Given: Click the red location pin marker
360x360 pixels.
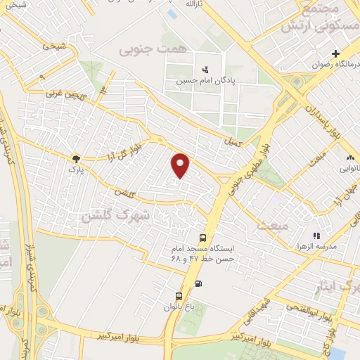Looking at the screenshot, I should tap(181, 165).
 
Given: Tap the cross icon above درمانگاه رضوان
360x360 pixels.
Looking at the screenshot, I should tap(336, 53).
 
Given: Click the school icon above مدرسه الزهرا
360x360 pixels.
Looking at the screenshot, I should tap(316, 236).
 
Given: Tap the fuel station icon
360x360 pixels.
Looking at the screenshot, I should tap(198, 284).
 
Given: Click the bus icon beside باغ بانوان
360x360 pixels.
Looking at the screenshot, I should tap(179, 295).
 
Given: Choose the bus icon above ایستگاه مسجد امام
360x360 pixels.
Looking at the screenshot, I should tap(203, 238).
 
